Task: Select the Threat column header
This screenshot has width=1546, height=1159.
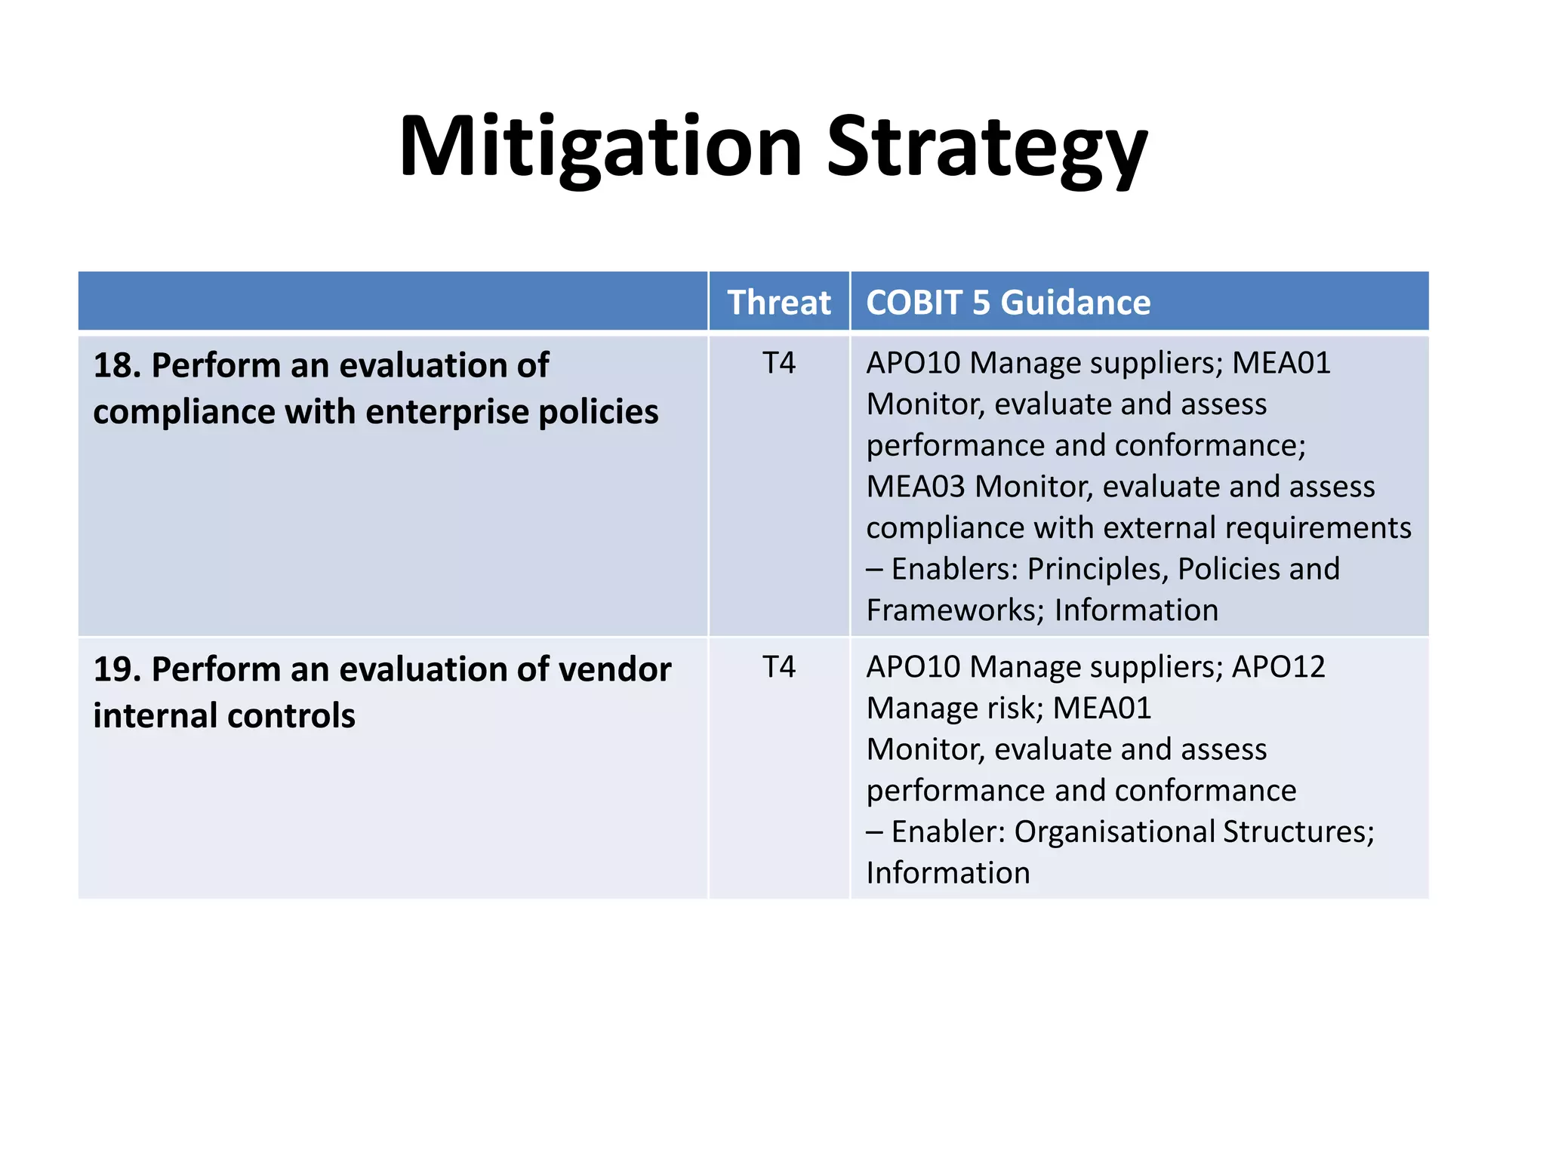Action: [x=778, y=303]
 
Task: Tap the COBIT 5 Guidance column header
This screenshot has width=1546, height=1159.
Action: [x=1008, y=303]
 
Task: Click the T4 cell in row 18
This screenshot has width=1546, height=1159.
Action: [x=778, y=364]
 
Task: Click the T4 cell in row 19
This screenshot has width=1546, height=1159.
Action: [x=778, y=667]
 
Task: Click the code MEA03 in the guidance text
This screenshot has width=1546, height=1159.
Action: [x=915, y=487]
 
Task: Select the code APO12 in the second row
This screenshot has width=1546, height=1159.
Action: [x=1278, y=667]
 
